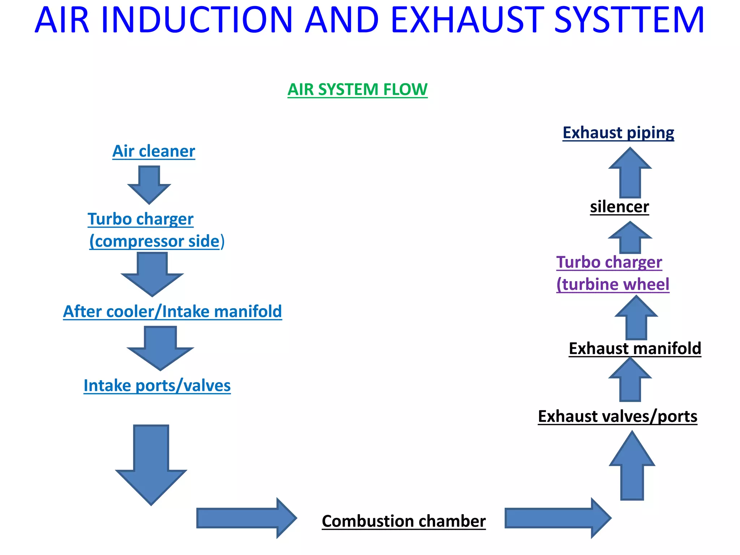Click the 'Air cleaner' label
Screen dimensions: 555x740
(x=154, y=151)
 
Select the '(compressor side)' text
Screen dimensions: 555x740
(x=157, y=241)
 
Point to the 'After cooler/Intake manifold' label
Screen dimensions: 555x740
(x=172, y=311)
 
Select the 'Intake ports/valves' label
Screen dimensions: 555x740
(x=157, y=386)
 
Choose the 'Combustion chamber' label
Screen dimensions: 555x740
(x=404, y=521)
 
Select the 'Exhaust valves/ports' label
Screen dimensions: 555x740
(x=618, y=416)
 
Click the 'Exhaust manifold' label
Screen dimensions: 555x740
(x=635, y=349)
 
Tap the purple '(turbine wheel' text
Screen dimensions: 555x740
(x=613, y=284)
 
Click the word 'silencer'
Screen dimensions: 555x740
(x=619, y=207)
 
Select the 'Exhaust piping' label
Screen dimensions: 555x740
(x=618, y=133)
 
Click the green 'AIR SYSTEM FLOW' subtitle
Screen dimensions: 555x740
(x=357, y=89)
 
